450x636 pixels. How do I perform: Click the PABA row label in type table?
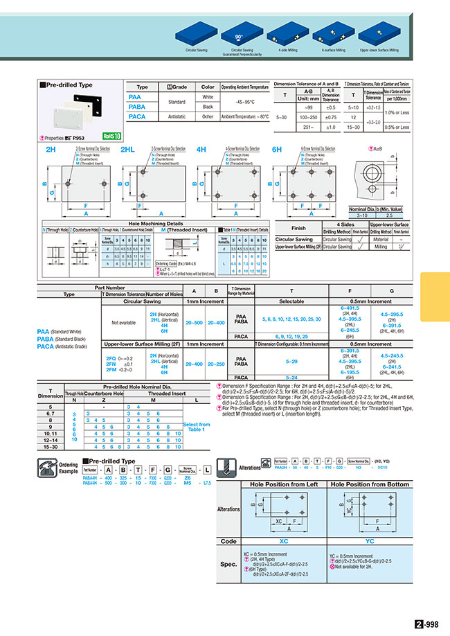tap(137, 107)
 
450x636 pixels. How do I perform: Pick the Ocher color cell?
tap(208, 117)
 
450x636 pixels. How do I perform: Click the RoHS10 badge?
tap(111, 136)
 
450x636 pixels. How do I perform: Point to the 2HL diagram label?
tap(127, 149)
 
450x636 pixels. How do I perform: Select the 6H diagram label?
tap(277, 149)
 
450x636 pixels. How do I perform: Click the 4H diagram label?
tap(201, 149)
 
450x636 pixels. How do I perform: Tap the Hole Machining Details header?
tap(156, 224)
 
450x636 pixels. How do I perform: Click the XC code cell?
tap(284, 541)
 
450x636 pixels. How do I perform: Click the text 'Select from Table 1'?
tap(197, 427)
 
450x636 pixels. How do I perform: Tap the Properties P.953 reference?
tap(67, 138)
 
